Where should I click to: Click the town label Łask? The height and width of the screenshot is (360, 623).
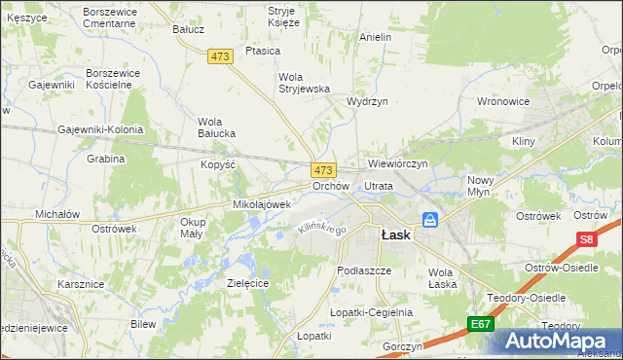click(395, 235)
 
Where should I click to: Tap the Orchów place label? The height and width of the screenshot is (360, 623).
click(330, 186)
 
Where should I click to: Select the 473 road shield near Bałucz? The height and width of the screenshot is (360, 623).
click(220, 57)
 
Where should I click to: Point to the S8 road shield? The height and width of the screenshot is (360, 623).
click(585, 238)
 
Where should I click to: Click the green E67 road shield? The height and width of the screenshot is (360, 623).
click(478, 324)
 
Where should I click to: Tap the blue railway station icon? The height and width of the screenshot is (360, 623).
click(429, 220)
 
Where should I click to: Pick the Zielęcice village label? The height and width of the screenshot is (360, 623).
click(247, 283)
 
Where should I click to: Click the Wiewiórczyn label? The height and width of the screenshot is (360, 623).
click(398, 163)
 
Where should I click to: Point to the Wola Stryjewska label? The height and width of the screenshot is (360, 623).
click(305, 83)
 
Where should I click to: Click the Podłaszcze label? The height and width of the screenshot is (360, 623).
click(363, 270)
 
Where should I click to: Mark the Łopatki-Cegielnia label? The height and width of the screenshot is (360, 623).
click(371, 312)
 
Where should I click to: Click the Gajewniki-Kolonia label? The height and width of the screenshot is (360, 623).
click(100, 129)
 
